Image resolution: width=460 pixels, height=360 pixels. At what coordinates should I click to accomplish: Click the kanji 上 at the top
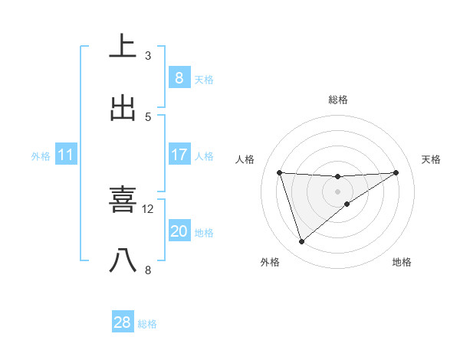(x=123, y=47)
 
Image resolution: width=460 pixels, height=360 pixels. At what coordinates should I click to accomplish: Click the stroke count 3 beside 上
(x=148, y=55)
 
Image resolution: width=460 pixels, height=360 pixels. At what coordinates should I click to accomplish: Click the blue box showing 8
(x=179, y=78)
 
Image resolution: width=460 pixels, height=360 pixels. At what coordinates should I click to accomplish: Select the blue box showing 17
(x=179, y=155)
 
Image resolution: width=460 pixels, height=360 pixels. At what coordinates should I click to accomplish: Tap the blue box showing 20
(x=179, y=231)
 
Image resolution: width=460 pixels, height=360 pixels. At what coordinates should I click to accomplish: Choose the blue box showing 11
(x=66, y=155)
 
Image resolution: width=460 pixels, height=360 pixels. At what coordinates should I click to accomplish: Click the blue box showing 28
(x=123, y=322)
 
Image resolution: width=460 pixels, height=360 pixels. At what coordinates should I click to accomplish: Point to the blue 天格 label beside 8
(x=204, y=79)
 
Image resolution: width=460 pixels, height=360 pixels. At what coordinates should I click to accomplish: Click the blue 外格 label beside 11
(x=41, y=155)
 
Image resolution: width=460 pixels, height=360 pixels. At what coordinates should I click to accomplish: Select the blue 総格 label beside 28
(x=147, y=323)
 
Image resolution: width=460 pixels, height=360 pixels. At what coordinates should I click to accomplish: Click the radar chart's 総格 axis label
(x=337, y=100)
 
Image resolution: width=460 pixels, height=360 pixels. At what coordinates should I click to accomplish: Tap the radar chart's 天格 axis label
(x=431, y=159)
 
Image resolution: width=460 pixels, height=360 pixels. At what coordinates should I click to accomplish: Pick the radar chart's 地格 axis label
(x=402, y=263)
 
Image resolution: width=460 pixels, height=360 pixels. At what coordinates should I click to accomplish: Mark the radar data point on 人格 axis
(x=280, y=172)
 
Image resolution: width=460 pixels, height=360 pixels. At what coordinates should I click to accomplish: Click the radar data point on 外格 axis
(x=301, y=242)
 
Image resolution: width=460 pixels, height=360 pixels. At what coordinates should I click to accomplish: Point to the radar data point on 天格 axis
(x=396, y=172)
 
